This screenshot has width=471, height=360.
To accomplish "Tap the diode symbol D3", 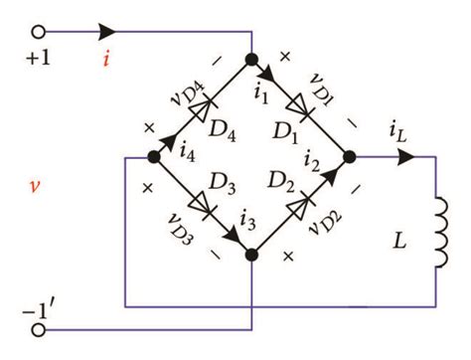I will (x=202, y=206).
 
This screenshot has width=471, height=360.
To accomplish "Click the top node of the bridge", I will (x=251, y=59).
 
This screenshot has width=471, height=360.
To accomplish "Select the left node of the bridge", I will (x=154, y=157).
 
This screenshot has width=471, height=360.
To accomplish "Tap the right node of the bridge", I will (x=349, y=157).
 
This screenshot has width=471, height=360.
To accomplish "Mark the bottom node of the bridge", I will (x=251, y=255).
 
